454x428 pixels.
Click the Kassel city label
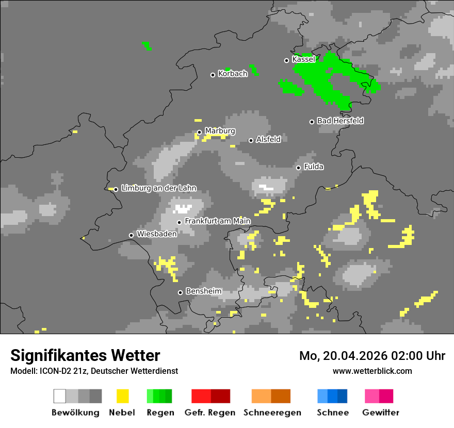coord(303,59)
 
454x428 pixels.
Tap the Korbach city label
coord(233,74)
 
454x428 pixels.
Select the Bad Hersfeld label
coord(340,121)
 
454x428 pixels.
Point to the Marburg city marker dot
coord(200,132)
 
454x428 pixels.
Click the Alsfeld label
coord(268,139)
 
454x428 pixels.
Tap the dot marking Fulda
coord(298,168)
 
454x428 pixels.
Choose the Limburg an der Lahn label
coord(158,188)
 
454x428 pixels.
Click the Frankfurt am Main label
coord(217,221)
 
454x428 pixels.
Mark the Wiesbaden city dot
coord(132,235)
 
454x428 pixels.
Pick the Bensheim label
coord(203,291)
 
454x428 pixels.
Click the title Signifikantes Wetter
coord(85,356)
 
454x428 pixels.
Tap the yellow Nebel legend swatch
coord(122,396)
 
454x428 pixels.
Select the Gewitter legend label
coord(380,413)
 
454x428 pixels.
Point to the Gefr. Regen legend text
coord(210,413)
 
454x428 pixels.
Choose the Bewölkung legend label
coord(75,413)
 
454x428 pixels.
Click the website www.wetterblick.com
coord(372,371)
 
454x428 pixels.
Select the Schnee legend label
coord(332,413)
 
